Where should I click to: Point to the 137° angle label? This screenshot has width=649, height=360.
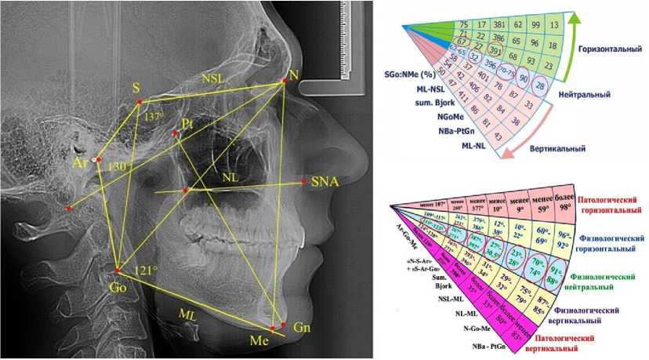[154, 115]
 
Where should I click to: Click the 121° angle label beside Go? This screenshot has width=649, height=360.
[147, 271]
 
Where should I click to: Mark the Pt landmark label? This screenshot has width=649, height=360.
[187, 124]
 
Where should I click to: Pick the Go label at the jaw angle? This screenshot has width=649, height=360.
[118, 288]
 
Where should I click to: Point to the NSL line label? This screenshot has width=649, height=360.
[212, 78]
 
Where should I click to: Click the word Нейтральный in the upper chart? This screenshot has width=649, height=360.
[585, 94]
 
